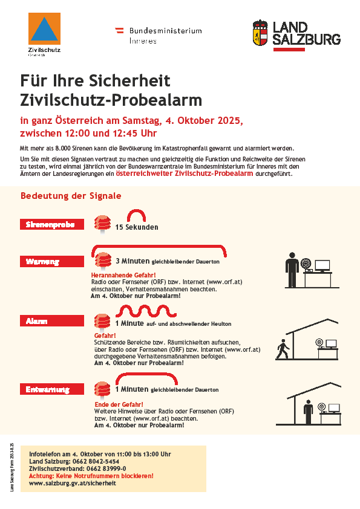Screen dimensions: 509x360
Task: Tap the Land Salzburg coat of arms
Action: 260,34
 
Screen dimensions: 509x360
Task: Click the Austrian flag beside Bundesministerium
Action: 120,30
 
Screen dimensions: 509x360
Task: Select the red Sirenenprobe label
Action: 50,224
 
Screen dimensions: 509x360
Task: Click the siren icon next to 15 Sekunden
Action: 103,225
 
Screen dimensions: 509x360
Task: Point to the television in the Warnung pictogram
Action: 321,265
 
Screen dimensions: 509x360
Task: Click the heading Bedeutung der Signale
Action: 71,196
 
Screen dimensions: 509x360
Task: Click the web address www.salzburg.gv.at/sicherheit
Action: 72,483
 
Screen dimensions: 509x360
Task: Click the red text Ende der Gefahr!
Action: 119,404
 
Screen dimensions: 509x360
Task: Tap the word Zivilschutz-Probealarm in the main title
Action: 111,99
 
